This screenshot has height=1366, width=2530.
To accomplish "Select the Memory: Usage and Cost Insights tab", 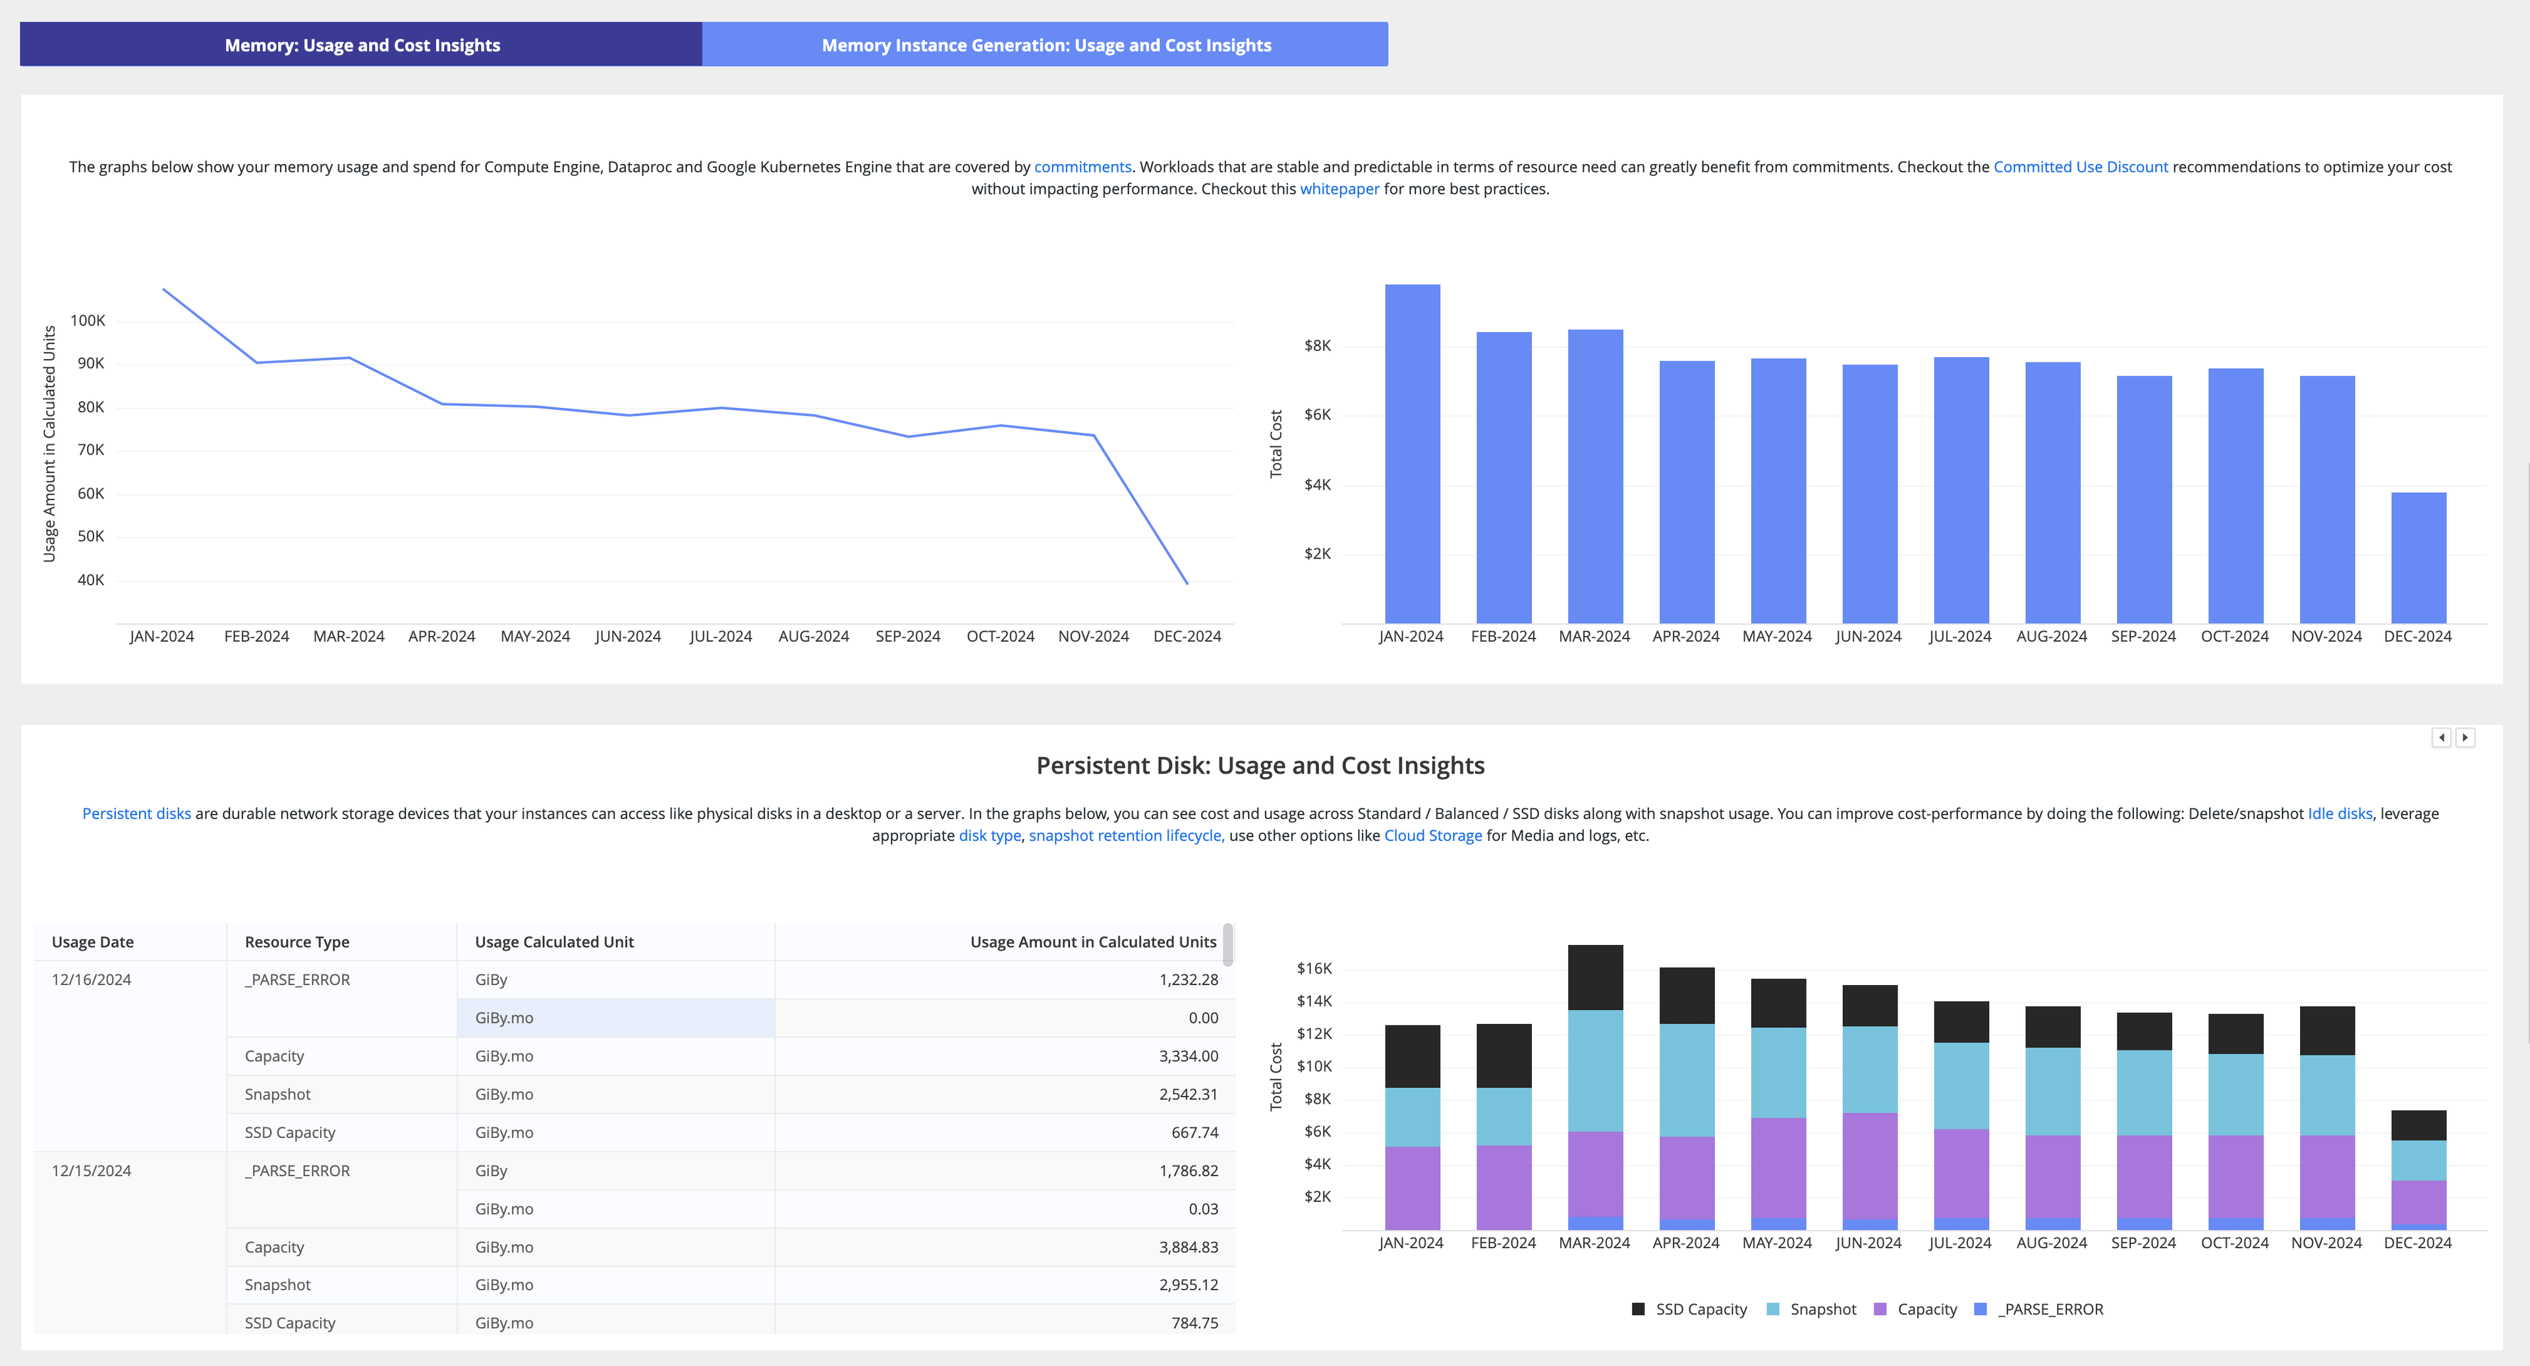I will point(362,45).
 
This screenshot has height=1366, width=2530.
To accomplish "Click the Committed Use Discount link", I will point(2079,167).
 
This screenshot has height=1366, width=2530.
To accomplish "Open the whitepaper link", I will point(1339,188).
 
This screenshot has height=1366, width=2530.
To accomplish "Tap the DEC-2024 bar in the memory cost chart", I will point(2417,557).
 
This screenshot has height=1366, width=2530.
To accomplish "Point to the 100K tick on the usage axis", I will point(88,321).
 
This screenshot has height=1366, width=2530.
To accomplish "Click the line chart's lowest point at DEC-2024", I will point(1187,583).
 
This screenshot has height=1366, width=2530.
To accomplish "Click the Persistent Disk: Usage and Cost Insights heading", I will point(1260,765).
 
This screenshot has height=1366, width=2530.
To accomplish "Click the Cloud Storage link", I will point(1432,836).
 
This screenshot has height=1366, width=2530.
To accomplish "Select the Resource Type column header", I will point(296,942).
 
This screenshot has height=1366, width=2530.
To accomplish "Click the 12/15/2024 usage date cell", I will point(92,1170).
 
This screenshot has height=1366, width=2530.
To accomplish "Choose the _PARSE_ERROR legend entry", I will point(2049,1309).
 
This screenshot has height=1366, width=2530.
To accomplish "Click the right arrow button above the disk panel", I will point(2464,737).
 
